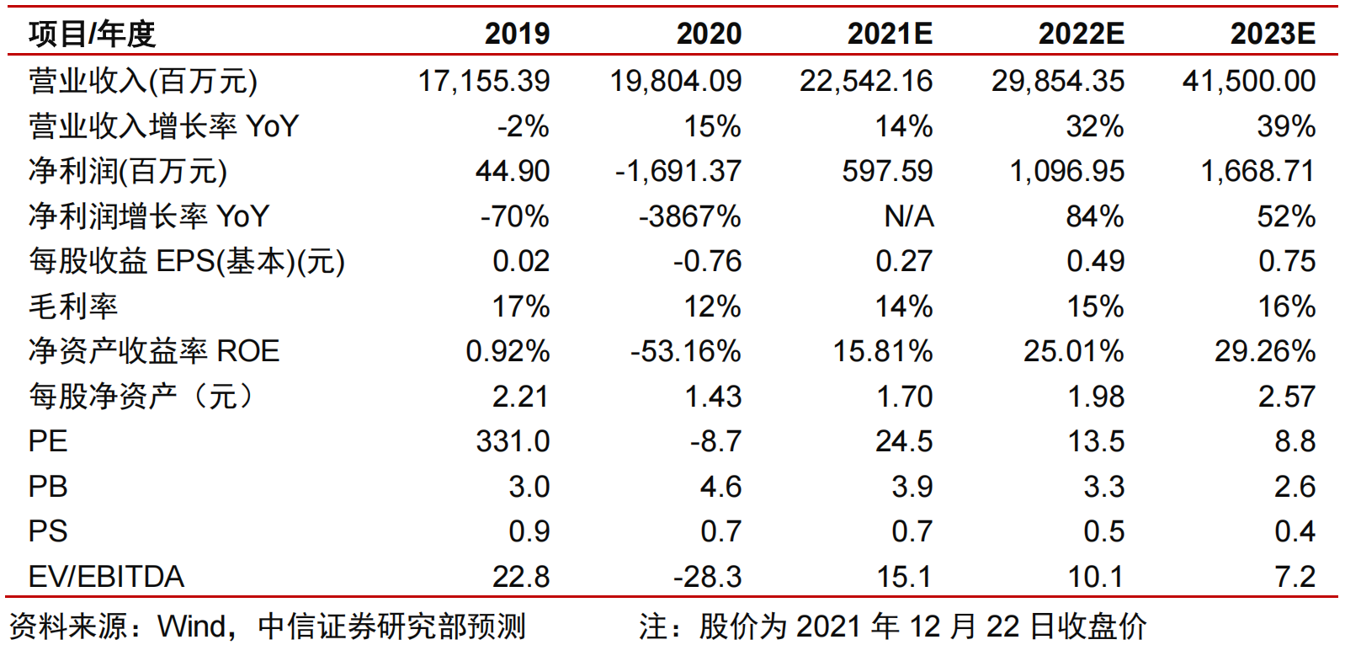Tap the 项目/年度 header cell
[92, 34]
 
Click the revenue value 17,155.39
[484, 81]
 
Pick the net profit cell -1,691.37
[678, 171]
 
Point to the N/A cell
[908, 216]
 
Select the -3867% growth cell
[689, 216]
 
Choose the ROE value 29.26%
[1264, 351]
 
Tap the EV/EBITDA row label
[106, 577]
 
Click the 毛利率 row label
[73, 307]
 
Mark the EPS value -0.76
[707, 261]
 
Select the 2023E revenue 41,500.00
[1248, 81]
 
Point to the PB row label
[47, 487]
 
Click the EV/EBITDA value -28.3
[707, 577]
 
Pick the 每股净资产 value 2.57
[1286, 397]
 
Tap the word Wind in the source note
[192, 626]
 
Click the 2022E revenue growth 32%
[1094, 126]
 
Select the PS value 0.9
[529, 531]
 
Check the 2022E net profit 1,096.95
[1066, 171]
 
